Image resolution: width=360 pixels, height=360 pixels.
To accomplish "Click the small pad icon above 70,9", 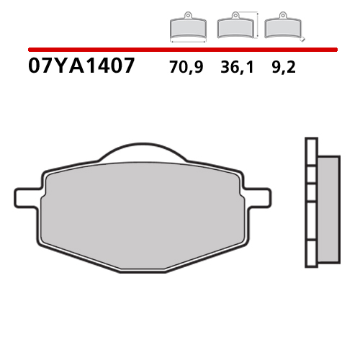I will (x=187, y=28).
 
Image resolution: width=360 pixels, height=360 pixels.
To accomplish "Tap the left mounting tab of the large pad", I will (x=26, y=195).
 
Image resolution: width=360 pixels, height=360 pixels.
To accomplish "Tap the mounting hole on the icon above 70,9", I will (x=187, y=16).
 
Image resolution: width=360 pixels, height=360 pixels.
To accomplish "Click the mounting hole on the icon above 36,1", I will (x=234, y=16).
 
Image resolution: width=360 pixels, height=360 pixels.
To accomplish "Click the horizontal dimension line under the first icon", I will (x=187, y=42).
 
